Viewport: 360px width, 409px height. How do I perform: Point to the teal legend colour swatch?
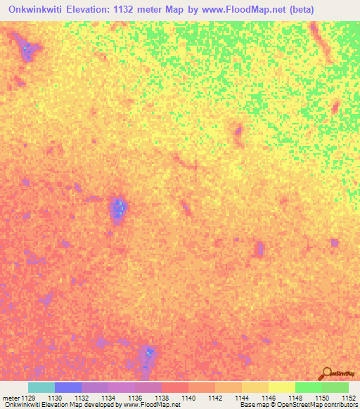point(41,387)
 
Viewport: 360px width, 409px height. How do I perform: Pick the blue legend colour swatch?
point(67,387)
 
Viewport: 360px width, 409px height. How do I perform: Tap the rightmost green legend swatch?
point(335,387)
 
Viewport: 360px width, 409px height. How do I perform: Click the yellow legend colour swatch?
point(281,387)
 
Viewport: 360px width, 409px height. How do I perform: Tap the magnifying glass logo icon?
point(326,372)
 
